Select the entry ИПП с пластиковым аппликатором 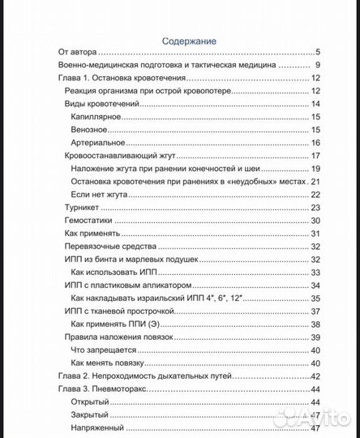128,286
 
